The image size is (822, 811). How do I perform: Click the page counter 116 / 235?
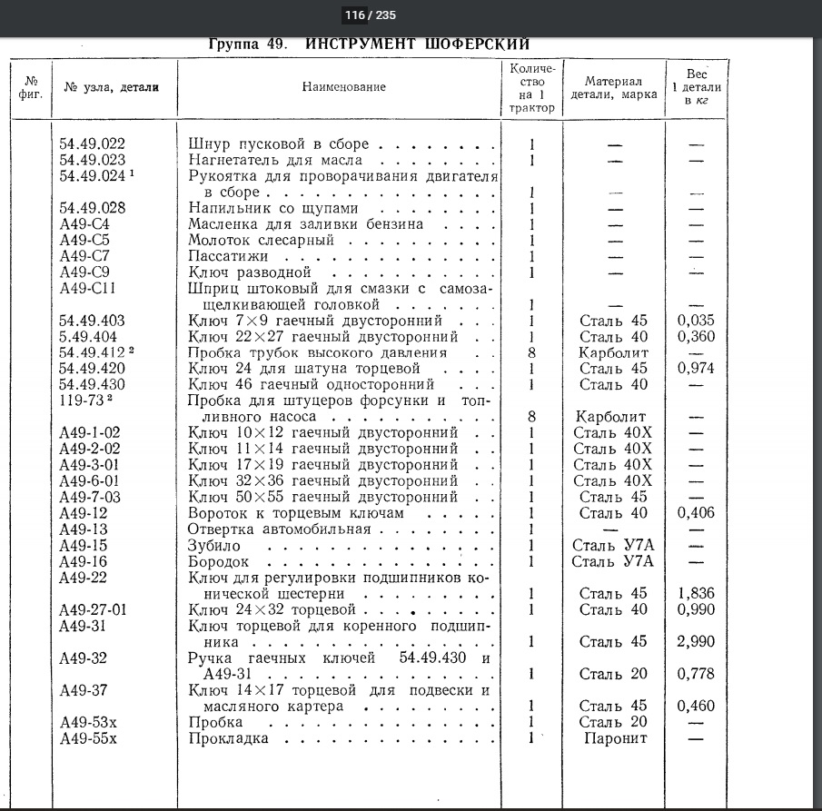point(371,15)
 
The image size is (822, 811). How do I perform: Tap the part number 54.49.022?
point(93,143)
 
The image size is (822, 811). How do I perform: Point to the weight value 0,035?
point(696,321)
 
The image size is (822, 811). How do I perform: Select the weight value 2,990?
point(696,641)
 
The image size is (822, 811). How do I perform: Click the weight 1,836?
point(696,593)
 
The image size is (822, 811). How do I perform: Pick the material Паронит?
point(616,738)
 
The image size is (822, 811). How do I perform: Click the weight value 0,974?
point(696,368)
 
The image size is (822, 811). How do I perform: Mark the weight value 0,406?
point(696,513)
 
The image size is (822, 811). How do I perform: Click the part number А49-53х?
point(89,722)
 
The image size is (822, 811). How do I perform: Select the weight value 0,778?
point(696,674)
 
